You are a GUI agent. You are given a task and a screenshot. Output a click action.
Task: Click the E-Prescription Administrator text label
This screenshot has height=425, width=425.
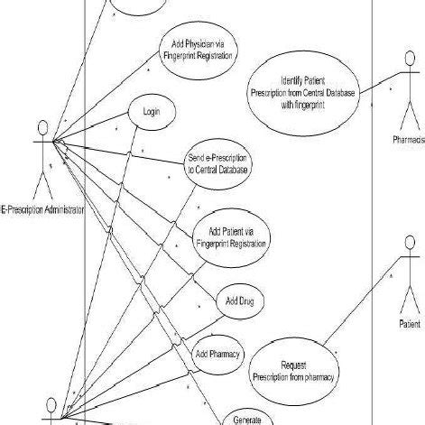[42, 209]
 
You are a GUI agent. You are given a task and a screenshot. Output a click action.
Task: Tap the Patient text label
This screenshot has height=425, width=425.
[409, 322]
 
